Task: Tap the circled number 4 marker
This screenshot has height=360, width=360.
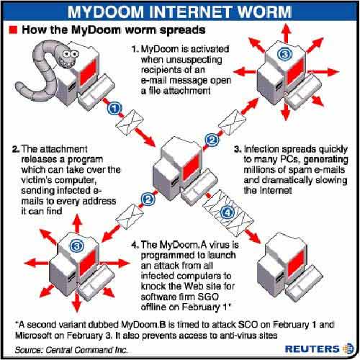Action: [226, 213]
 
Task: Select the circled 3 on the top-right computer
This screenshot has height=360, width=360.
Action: [286, 54]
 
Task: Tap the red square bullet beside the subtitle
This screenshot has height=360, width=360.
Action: [12, 31]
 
